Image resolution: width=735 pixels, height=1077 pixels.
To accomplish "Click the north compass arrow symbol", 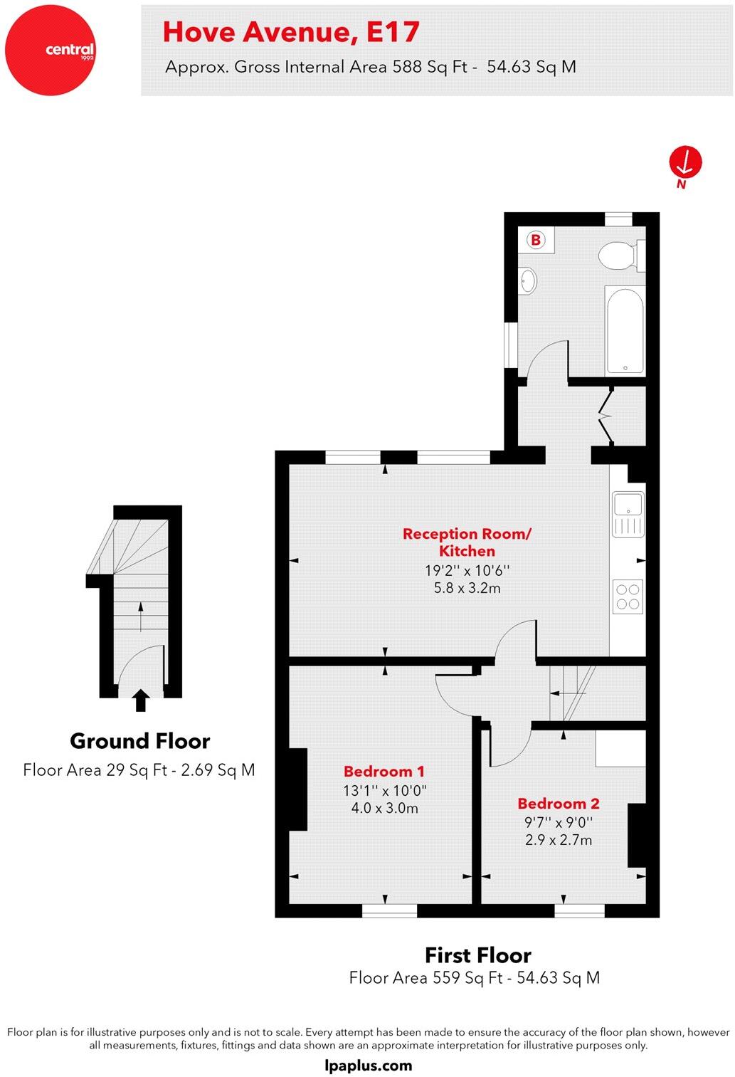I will click(685, 162).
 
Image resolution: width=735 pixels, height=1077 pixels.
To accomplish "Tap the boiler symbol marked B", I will click(536, 240).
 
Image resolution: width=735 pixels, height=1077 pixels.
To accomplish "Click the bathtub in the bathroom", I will click(625, 330).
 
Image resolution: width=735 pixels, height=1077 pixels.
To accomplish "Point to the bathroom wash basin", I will click(527, 280).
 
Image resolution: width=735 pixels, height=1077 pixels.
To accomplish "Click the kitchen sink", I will click(628, 513).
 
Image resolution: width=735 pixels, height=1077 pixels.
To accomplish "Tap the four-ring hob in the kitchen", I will click(628, 597).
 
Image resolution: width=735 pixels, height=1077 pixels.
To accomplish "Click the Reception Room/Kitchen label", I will click(467, 542).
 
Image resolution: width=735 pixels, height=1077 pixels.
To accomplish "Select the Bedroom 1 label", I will click(384, 771).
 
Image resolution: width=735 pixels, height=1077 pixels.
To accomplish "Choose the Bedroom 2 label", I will click(559, 804).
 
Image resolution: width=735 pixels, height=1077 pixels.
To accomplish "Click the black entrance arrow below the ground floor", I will click(141, 700).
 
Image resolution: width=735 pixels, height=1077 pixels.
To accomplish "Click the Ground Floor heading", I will click(140, 741).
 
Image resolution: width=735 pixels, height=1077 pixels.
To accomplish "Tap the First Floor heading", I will click(478, 955).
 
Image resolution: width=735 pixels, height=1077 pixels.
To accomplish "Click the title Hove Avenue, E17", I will click(291, 32).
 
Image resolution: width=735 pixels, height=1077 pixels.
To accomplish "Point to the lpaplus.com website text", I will click(368, 1066).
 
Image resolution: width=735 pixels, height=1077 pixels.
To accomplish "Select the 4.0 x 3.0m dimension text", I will click(385, 808).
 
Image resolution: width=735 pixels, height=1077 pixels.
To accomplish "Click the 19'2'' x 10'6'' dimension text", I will click(467, 570).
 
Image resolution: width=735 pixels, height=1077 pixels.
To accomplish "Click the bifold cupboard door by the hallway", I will click(607, 415).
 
